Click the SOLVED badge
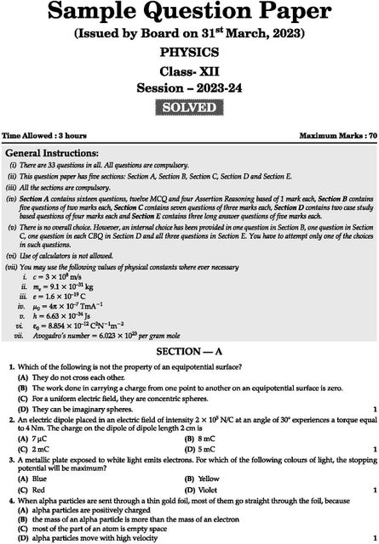(189, 109)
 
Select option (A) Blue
(36, 479)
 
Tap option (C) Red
(35, 490)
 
